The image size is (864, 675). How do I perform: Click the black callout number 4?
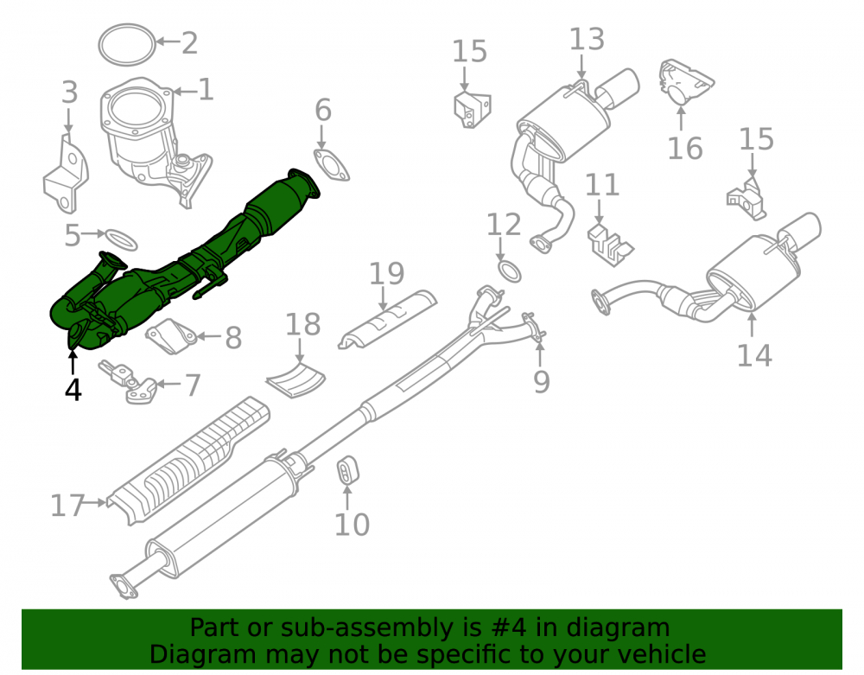pos(73,389)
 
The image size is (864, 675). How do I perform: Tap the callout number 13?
pos(587,40)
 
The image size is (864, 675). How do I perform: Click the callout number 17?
pos(67,506)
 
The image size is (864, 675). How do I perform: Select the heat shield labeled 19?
pos(387,319)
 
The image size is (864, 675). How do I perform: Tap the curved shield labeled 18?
pos(295,380)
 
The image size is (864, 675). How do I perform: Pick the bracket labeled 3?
pos(66,174)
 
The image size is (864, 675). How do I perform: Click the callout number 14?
pos(754,355)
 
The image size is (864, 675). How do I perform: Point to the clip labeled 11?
pos(609,245)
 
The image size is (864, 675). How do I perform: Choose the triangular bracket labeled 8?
pos(170,336)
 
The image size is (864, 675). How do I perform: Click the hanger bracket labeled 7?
pos(128,381)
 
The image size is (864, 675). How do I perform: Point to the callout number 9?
pos(541,381)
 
